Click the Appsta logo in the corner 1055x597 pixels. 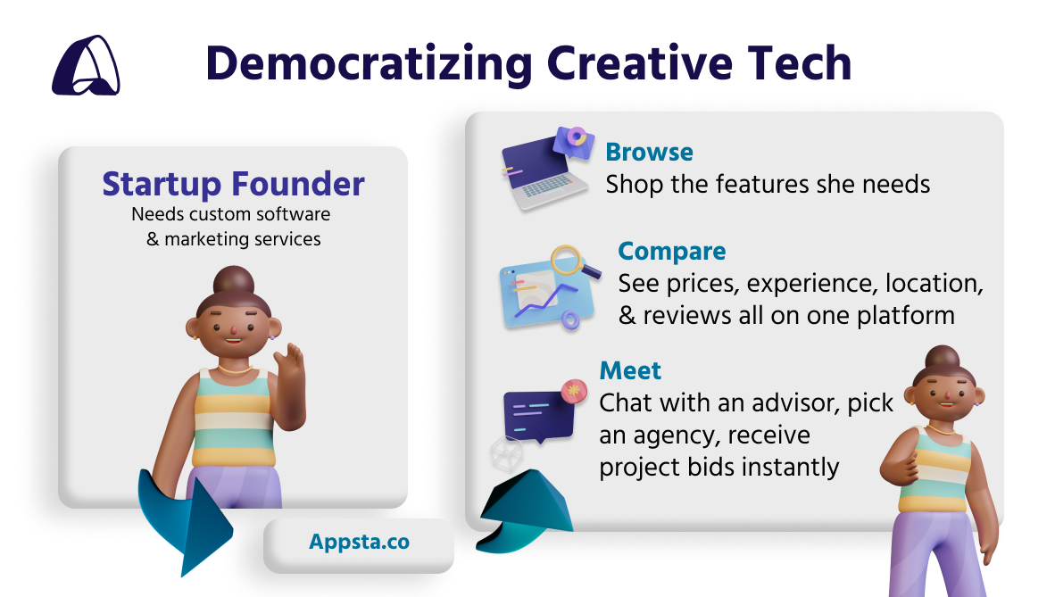point(86,65)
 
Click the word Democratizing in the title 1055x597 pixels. point(370,64)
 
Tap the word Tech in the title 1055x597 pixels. point(800,63)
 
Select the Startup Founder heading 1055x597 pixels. point(234,184)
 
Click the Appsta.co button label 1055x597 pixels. point(360,542)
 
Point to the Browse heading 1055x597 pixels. point(649,152)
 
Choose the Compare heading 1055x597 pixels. point(671,252)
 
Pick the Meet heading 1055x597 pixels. point(630,370)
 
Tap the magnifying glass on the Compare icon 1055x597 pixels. point(572,261)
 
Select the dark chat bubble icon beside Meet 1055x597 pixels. point(539,416)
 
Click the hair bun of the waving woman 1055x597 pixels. point(234,281)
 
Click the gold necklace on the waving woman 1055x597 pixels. point(234,369)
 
